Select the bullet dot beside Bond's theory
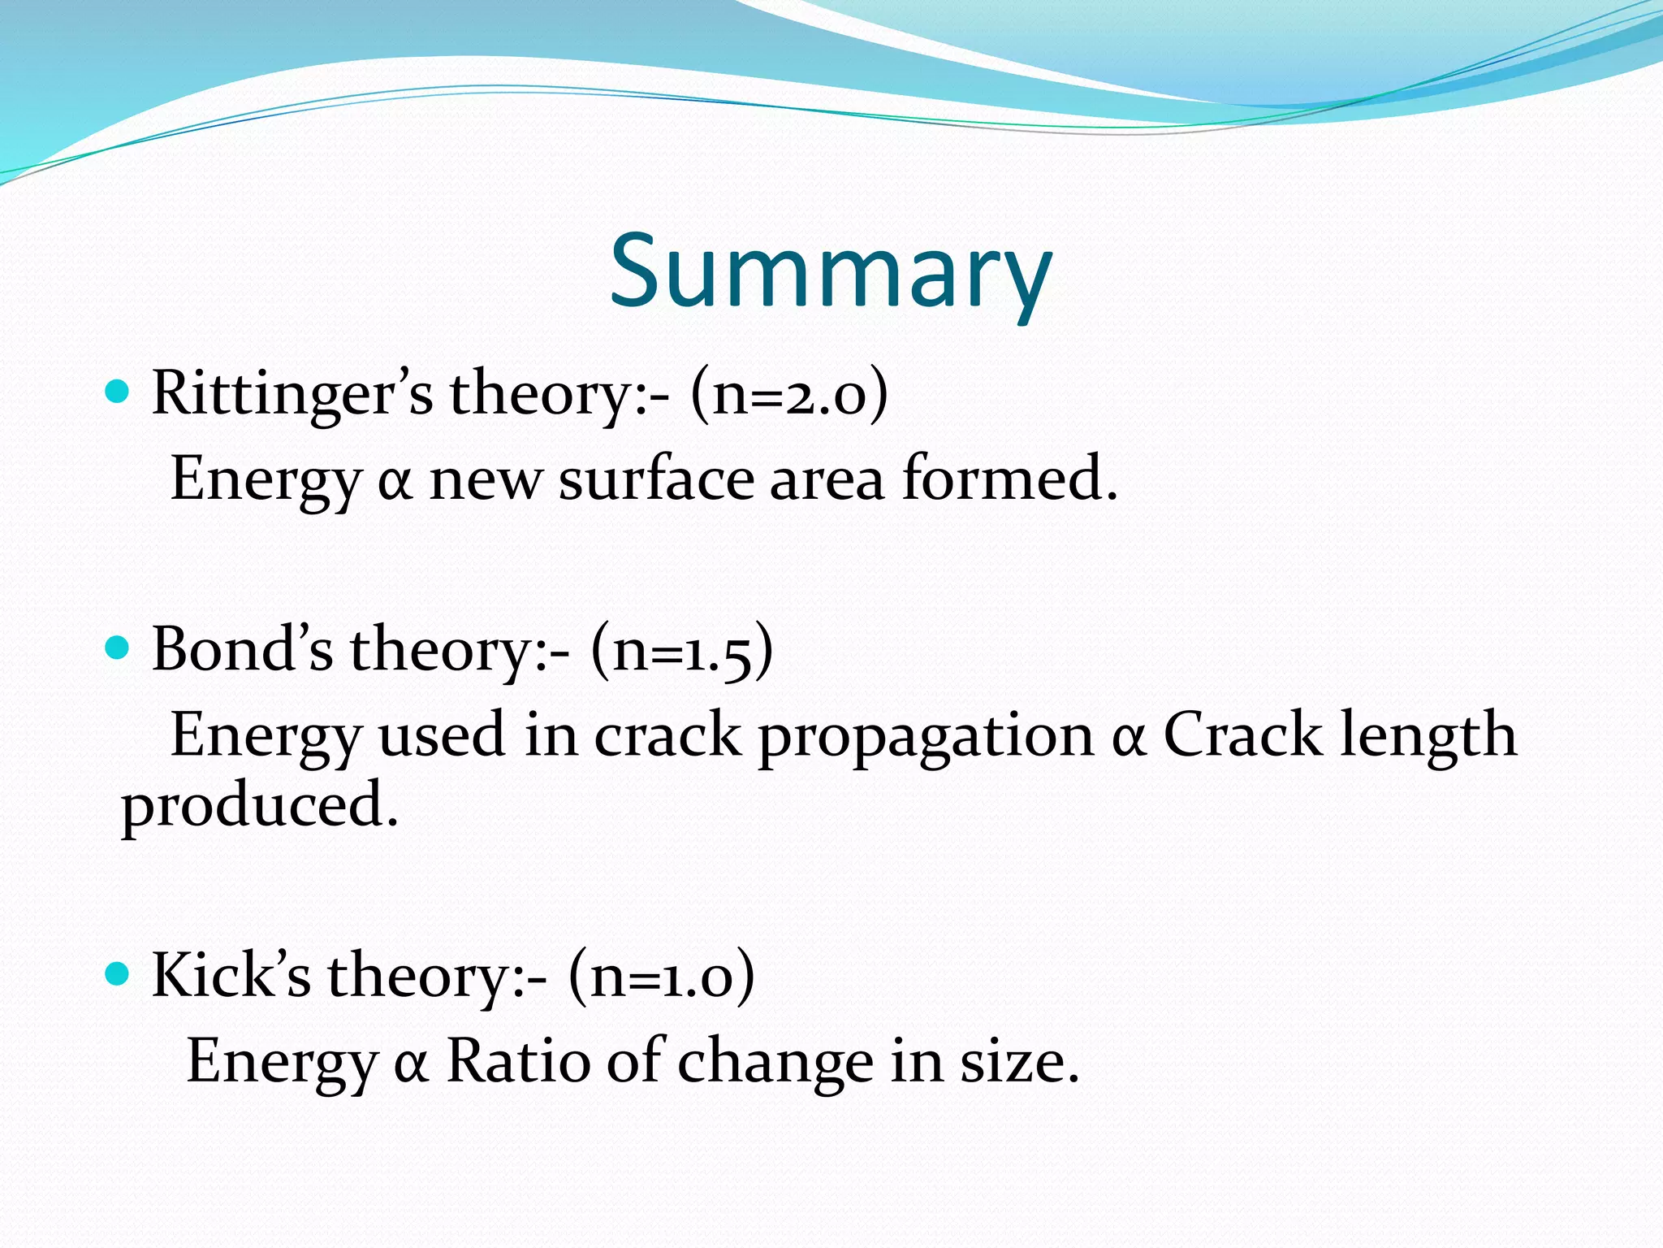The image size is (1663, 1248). [118, 649]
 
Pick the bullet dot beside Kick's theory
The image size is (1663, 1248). [118, 973]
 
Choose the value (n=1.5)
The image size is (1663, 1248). [682, 651]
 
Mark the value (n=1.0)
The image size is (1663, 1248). [662, 975]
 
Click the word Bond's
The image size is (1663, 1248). [242, 649]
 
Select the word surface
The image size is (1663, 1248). [656, 479]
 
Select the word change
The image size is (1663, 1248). [775, 1063]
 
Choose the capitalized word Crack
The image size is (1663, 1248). [1242, 734]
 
